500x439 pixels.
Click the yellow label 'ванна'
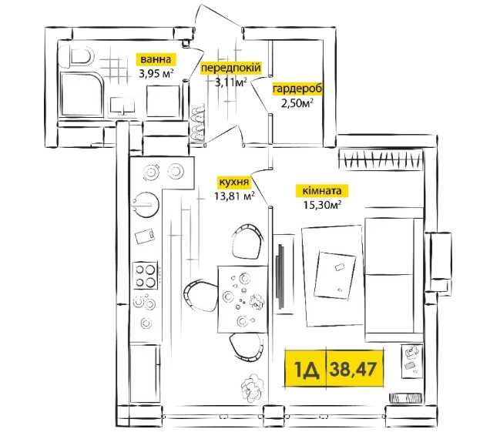click(x=156, y=59)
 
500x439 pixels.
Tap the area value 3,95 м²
click(x=156, y=74)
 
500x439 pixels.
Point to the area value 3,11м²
click(x=230, y=83)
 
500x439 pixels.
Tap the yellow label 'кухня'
click(x=233, y=182)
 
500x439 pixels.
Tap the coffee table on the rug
click(x=335, y=273)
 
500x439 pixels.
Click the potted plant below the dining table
click(x=250, y=385)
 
